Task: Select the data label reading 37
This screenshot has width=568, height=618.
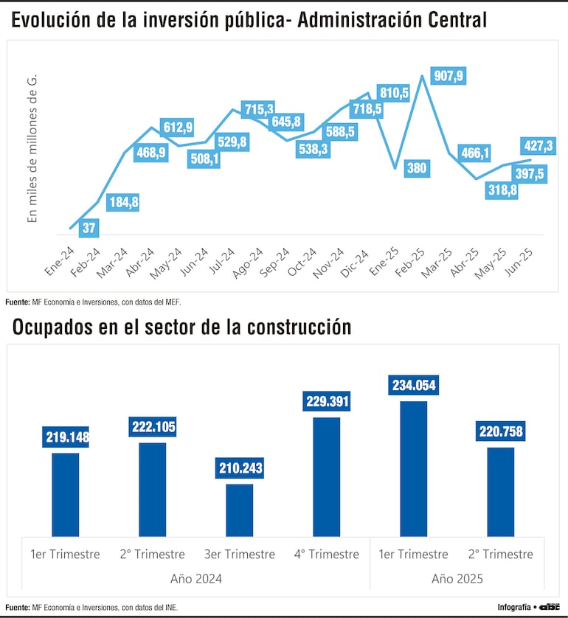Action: [89, 228]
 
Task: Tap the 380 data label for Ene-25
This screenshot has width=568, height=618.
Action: [417, 167]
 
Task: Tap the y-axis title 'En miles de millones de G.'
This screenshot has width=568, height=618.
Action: [32, 148]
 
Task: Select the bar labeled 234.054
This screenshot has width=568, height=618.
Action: [413, 468]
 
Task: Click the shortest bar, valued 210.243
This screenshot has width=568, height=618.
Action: [239, 510]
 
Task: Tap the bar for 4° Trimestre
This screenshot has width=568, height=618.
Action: [326, 476]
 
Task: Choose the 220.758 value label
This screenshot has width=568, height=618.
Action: [500, 432]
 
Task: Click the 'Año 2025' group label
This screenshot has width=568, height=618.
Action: [457, 579]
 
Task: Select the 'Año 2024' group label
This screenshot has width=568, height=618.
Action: [195, 579]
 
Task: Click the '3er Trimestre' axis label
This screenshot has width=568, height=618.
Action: [239, 554]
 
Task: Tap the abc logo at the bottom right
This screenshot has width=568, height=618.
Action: [550, 607]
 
